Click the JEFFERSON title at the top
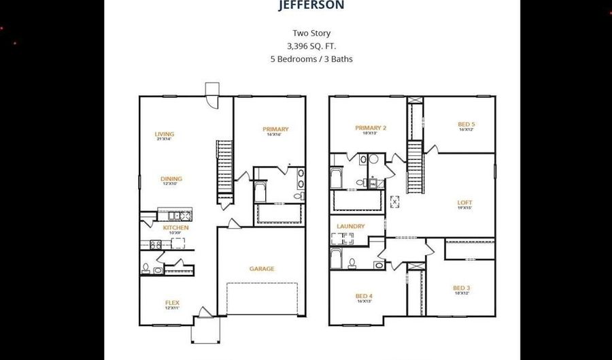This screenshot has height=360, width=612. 311,5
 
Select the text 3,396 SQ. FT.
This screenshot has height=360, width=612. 311,46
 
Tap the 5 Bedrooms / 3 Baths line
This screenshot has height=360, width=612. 311,59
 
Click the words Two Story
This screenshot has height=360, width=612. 311,33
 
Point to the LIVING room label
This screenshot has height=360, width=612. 164,134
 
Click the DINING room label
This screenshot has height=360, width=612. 171,179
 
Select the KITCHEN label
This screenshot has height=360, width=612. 175,227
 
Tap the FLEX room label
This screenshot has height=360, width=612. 172,303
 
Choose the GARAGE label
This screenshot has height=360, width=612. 262,269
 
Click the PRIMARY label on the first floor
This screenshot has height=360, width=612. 275,129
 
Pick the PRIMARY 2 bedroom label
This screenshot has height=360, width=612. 370,128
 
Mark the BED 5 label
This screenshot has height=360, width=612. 466,124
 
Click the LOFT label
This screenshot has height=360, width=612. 464,202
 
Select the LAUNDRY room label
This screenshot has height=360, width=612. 351,226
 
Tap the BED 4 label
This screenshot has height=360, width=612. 364,296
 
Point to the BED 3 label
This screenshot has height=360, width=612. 462,288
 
